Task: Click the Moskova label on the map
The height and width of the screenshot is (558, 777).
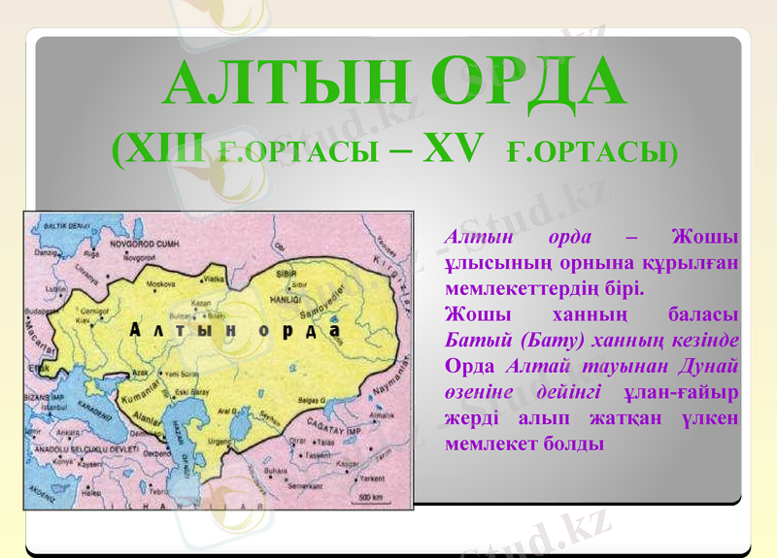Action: [x=160, y=284]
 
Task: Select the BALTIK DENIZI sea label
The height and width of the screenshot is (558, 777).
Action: [x=62, y=225]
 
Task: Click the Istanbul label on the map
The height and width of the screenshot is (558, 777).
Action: [x=52, y=409]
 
